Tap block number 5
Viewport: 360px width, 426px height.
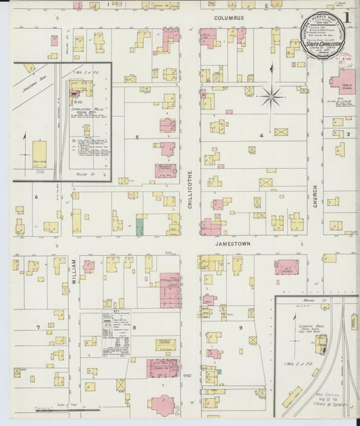click(137, 137)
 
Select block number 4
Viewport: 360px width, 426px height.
click(261, 135)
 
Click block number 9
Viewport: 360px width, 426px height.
click(240, 327)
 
